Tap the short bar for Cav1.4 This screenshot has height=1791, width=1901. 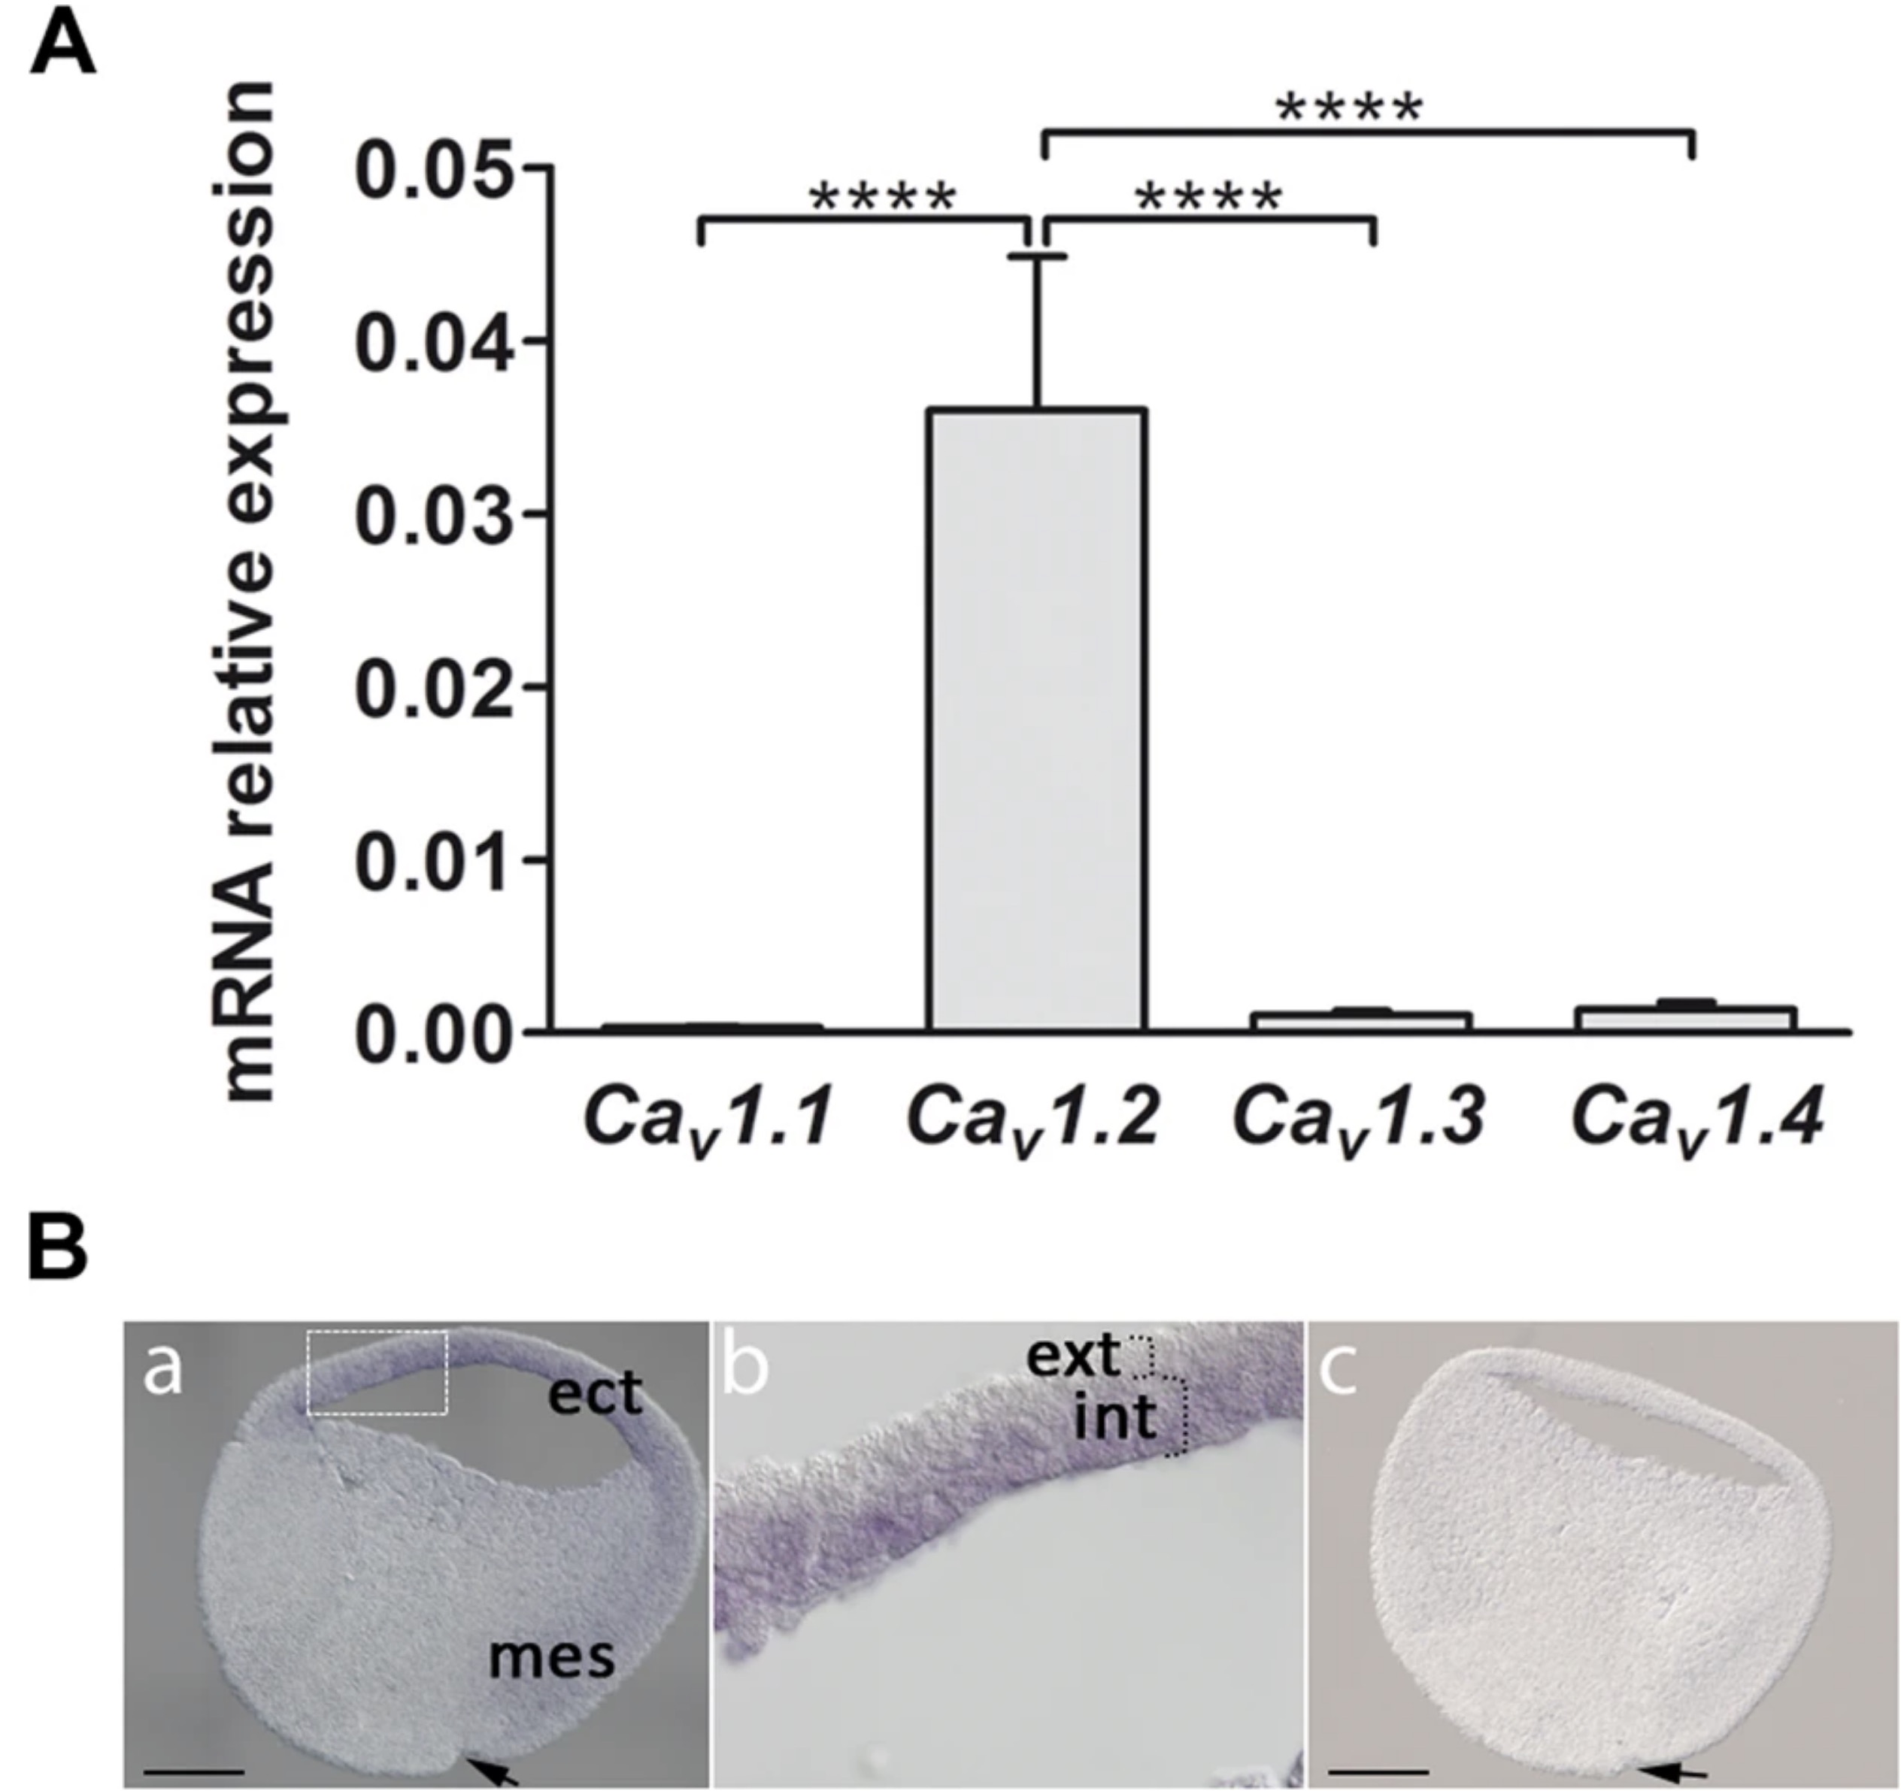point(1686,1017)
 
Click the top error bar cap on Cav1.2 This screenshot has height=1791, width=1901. point(1038,256)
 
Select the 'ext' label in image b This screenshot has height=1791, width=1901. point(1073,1355)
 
